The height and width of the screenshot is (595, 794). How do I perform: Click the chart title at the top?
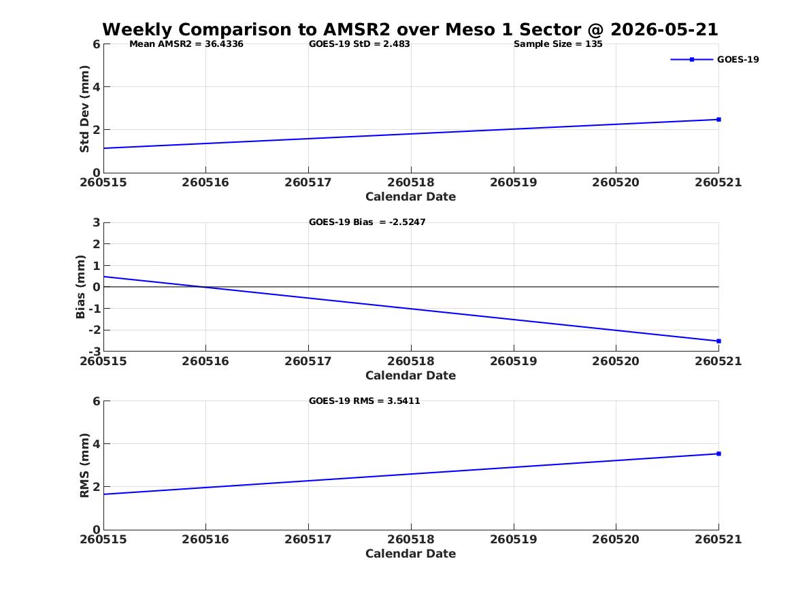[x=410, y=29]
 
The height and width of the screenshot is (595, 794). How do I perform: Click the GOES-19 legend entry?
[x=715, y=59]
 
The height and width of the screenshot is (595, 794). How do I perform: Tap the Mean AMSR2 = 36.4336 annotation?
[x=186, y=44]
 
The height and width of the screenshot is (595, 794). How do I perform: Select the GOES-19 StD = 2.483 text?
[x=359, y=44]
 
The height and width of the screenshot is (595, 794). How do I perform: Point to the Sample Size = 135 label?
[x=558, y=44]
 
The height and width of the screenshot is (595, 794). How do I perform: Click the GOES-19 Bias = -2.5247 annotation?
[x=367, y=222]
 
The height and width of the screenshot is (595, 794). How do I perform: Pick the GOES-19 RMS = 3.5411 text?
[x=365, y=401]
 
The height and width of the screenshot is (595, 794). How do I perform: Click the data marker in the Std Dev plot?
[x=718, y=120]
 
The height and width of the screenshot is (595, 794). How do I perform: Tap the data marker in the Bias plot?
[x=718, y=341]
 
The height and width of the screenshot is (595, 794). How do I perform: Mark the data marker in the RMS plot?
[x=718, y=454]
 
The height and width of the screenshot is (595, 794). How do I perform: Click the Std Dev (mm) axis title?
[x=84, y=109]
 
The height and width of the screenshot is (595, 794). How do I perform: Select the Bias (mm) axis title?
[x=80, y=287]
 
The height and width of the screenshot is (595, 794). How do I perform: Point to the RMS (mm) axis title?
[x=84, y=466]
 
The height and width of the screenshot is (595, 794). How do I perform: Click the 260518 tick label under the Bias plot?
[x=411, y=361]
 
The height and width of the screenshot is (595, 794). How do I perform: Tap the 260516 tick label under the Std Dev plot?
[x=205, y=182]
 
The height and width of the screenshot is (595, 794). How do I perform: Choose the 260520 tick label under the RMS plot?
[x=616, y=539]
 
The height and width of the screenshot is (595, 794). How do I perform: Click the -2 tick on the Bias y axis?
[x=95, y=330]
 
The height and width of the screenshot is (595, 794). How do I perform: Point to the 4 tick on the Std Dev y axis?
[x=97, y=87]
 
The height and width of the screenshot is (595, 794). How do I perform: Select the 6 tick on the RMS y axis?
[x=97, y=401]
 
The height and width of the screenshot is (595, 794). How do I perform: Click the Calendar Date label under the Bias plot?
[x=411, y=375]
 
